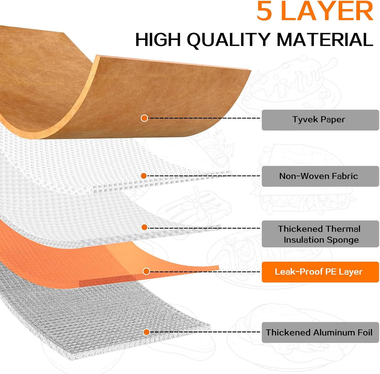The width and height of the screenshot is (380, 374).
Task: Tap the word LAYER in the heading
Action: (327, 11)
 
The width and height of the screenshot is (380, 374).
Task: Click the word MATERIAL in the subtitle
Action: (325, 40)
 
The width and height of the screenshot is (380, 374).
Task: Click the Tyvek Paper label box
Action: (320, 120)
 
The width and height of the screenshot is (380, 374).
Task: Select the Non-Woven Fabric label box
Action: (320, 176)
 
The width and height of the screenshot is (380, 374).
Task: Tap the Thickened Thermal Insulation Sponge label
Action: (320, 234)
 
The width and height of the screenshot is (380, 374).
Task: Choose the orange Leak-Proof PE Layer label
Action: (320, 272)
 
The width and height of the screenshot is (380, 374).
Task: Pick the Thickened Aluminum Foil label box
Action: (320, 332)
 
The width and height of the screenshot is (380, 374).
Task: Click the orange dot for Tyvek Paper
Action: (144, 118)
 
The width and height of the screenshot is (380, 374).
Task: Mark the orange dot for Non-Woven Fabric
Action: (144, 176)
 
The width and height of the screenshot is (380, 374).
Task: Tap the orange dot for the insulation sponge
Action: (144, 227)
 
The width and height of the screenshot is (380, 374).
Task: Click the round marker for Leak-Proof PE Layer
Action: (146, 271)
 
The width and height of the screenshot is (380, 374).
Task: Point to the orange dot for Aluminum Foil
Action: (146, 332)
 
